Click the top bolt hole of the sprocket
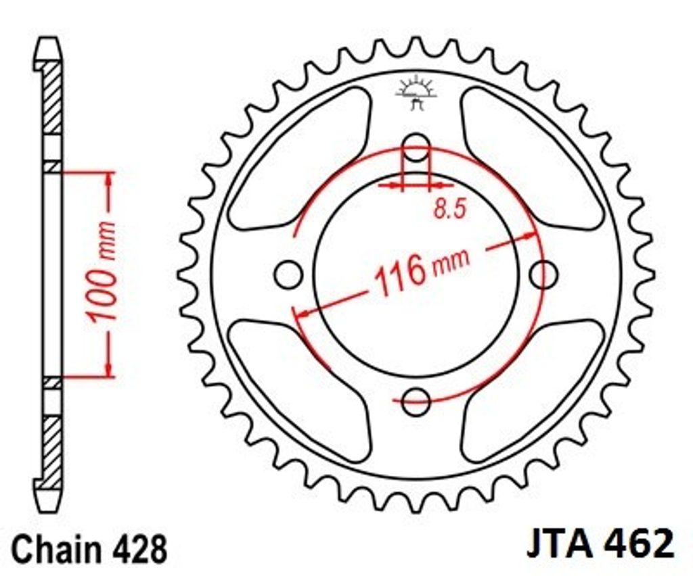click(x=416, y=147)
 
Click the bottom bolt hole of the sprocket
click(x=416, y=402)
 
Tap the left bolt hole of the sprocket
click(x=288, y=274)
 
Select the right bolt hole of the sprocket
click(x=543, y=274)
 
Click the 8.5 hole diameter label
click(x=450, y=208)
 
